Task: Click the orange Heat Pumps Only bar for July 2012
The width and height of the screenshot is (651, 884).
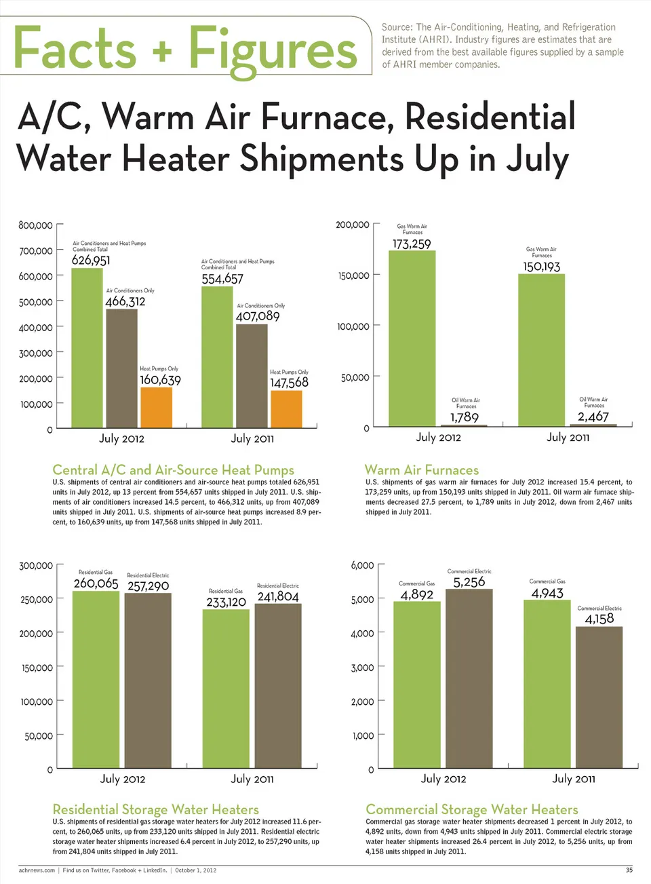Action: (156, 407)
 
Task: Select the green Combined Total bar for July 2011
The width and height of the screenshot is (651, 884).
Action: (217, 357)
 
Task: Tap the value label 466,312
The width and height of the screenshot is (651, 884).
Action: (125, 301)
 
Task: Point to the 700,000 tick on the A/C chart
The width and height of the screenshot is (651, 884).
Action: (36, 251)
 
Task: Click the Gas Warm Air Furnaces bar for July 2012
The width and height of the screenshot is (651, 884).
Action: (412, 338)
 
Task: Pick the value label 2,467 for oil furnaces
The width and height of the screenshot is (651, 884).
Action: (593, 417)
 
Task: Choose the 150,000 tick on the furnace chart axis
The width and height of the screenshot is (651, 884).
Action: (354, 275)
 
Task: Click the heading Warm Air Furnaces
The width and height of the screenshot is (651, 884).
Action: (422, 470)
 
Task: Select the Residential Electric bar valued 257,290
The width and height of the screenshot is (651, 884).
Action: (148, 680)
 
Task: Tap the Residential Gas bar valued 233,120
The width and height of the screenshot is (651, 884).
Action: (226, 688)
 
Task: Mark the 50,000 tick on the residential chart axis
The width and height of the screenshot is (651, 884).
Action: (39, 735)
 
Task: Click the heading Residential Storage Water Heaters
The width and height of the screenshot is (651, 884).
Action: (156, 809)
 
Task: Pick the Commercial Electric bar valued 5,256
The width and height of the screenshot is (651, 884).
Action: (469, 678)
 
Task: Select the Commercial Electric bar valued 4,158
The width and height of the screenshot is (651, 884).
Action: (599, 697)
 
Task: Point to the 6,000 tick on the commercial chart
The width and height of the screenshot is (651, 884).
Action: (363, 565)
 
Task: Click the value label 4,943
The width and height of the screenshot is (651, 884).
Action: (547, 593)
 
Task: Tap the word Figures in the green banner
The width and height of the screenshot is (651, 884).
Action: (273, 50)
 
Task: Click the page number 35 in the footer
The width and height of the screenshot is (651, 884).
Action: (629, 870)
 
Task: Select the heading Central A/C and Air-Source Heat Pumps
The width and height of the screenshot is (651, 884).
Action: (174, 470)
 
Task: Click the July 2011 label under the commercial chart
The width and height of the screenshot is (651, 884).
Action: (574, 778)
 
